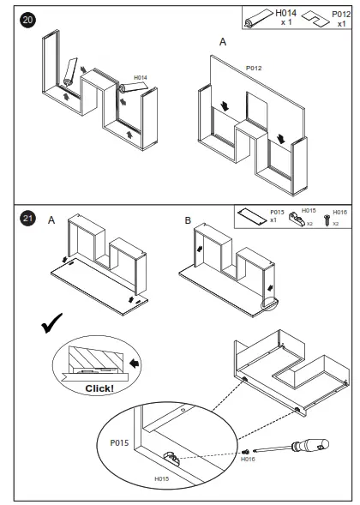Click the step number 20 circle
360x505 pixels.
point(27,20)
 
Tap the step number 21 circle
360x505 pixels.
point(27,219)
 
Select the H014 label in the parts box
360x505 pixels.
point(286,13)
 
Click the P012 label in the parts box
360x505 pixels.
point(341,15)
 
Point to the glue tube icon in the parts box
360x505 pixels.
point(259,18)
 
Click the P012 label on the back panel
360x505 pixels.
point(254,68)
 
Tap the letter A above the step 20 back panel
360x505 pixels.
point(223,42)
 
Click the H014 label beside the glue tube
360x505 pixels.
point(141,78)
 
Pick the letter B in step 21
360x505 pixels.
point(188,220)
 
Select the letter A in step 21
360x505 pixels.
point(51,220)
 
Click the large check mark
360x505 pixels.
point(51,323)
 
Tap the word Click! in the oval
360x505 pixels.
point(99,388)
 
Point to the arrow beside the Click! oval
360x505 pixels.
point(135,364)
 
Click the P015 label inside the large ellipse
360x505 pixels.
point(119,443)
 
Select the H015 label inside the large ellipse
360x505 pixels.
point(162,478)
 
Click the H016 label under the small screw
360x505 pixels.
point(248,459)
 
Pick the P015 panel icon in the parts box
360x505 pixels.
point(252,215)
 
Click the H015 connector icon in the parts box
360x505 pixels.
point(297,219)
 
